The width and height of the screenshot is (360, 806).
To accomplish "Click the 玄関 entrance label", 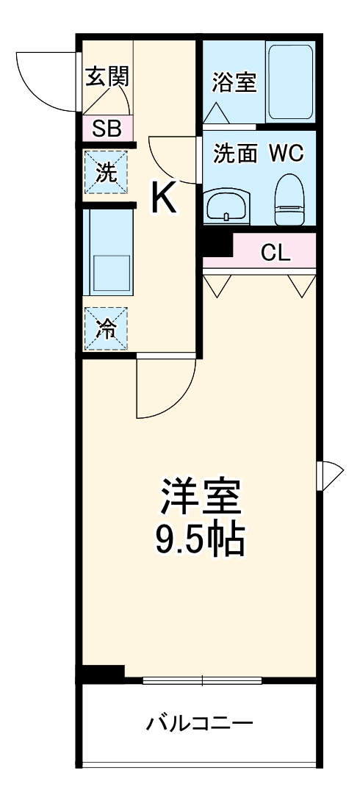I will coord(107,76).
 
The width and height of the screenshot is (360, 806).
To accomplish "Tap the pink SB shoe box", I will coord(107,129).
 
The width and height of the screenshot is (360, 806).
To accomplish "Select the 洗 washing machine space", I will coord(107,173).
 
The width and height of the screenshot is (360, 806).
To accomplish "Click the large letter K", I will coord(164,198).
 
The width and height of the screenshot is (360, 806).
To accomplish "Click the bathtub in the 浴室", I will coord(290,82).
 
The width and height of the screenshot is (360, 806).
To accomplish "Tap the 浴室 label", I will coord(234,82).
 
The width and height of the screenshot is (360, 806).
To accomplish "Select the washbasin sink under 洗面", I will coord(228,206).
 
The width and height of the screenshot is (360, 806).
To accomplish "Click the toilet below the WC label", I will coord(289,201).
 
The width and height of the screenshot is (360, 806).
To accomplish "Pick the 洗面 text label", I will coord(235,154).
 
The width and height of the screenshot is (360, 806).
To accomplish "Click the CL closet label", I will coord(276,253).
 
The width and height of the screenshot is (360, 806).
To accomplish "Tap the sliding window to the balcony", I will coord(201,680).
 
